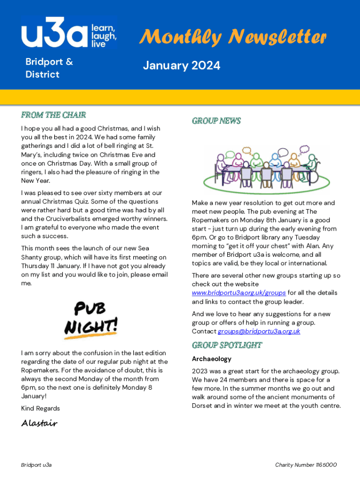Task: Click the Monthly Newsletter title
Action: coord(232,36)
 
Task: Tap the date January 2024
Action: coord(181,66)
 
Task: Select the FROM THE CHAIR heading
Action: coord(53,115)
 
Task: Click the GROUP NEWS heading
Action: coord(216,121)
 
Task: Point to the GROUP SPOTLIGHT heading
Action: coord(227,345)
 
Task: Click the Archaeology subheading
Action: coord(211,359)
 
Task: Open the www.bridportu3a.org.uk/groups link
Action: coord(238,293)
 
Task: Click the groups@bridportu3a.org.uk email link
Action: coord(259,331)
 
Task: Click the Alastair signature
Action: coord(39,423)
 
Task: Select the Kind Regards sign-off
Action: coord(40,408)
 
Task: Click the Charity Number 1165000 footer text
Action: coord(306,465)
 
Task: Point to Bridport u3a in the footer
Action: coord(36,465)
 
